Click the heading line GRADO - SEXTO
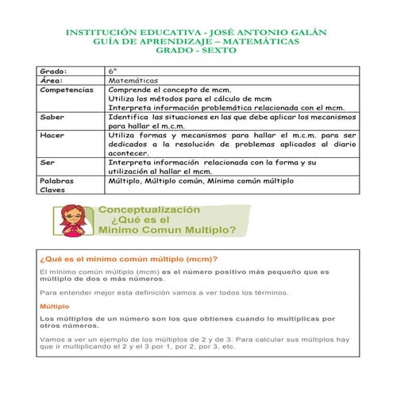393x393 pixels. click(195, 51)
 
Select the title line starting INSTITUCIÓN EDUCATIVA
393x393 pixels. click(195, 33)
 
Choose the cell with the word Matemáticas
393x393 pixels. click(133, 80)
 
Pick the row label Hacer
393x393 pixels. click(52, 135)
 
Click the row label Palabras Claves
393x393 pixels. click(56, 185)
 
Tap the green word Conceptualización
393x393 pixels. click(148, 210)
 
